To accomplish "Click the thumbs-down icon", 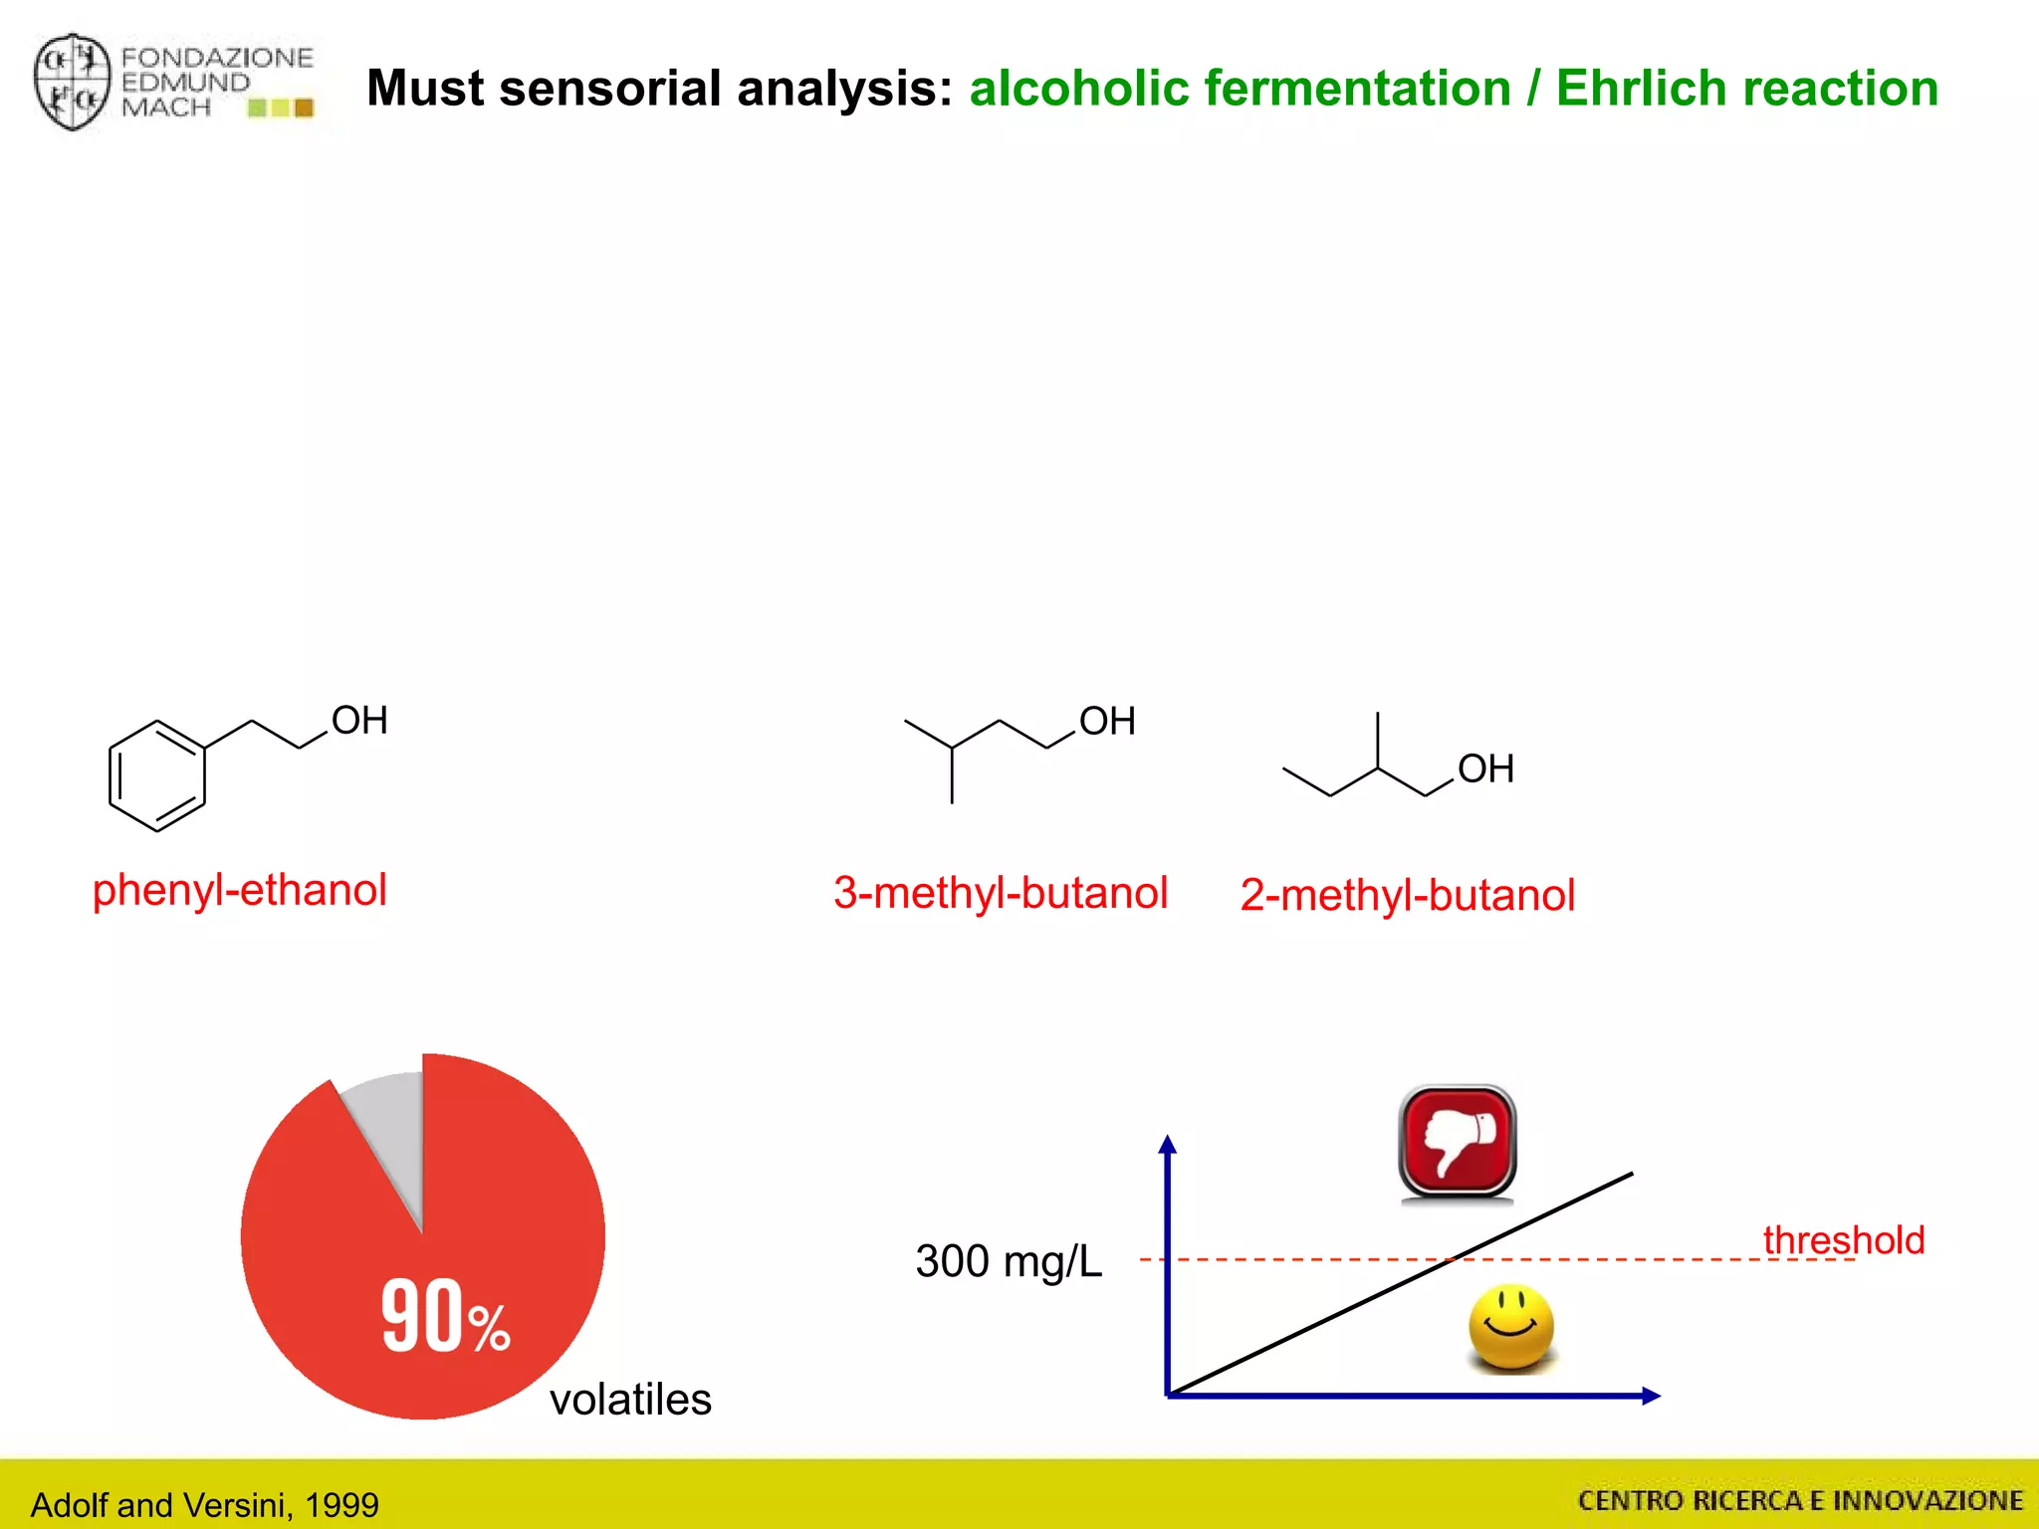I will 1457,1142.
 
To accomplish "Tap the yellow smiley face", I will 1510,1327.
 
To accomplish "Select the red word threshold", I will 1843,1240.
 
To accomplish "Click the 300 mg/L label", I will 1008,1261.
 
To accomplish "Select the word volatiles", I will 630,1400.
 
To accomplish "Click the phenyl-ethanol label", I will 239,890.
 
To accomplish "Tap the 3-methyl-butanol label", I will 1000,893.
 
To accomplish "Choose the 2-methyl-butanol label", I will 1407,895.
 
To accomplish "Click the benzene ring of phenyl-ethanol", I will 157,775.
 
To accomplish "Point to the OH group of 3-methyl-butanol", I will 1107,722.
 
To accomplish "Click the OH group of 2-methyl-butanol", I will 1485,769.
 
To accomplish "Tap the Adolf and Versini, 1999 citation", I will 204,1504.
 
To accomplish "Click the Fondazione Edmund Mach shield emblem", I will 71,82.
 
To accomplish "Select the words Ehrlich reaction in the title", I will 1746,88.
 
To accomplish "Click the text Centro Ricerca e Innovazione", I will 1800,1500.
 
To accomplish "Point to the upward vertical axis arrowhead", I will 1168,1144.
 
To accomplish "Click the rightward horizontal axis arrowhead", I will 1650,1396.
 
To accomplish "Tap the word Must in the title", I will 425,88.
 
